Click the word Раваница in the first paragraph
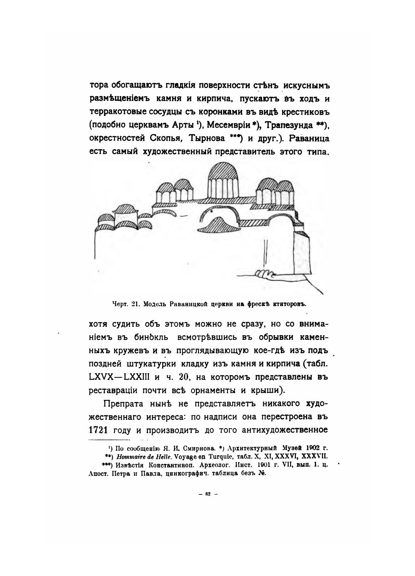point(308,139)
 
